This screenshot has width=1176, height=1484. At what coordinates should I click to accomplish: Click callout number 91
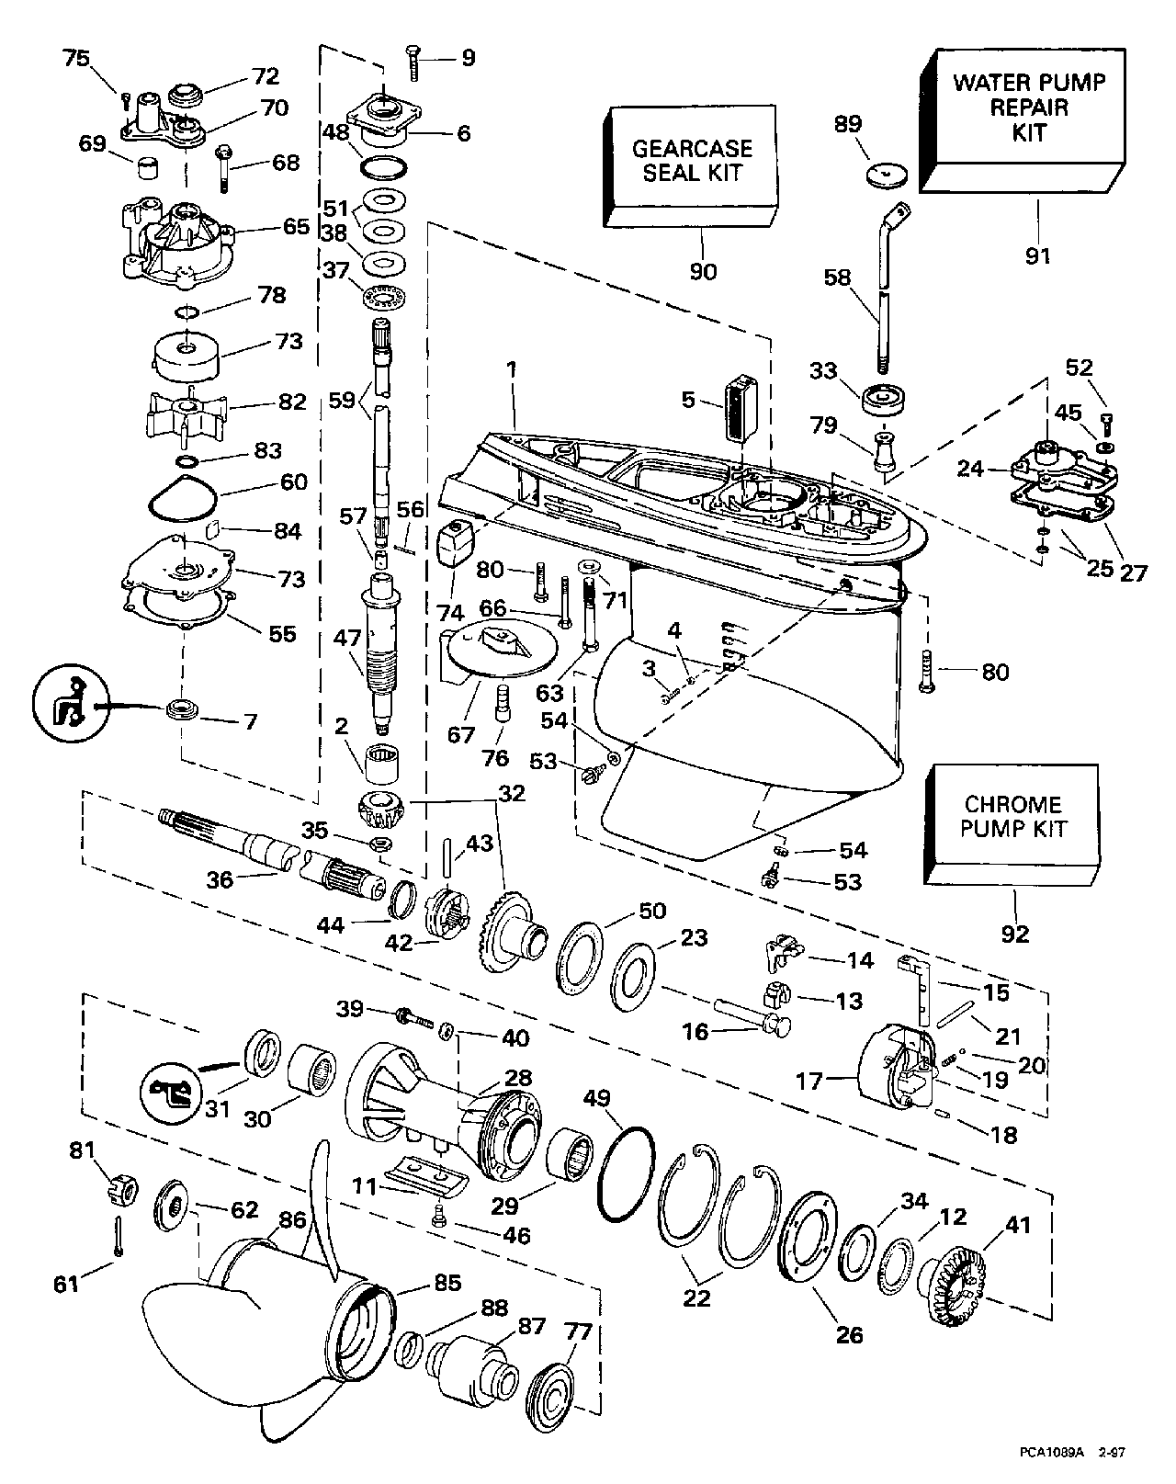1037,257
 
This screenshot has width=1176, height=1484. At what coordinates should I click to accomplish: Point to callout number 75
76,59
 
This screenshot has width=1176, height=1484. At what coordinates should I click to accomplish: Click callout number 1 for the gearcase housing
512,369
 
